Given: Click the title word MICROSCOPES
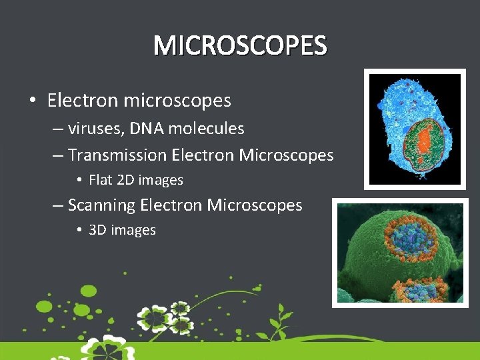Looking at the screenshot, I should (x=240, y=46).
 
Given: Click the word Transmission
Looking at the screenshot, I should (x=117, y=155).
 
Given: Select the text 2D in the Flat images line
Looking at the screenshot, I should (x=126, y=180).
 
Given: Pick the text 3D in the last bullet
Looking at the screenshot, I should (x=98, y=230).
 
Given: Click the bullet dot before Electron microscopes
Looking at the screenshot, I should (x=33, y=101).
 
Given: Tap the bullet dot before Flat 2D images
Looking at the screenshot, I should (x=79, y=180).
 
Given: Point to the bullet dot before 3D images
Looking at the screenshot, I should (x=79, y=230).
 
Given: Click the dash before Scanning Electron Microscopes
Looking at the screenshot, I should (x=58, y=205).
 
